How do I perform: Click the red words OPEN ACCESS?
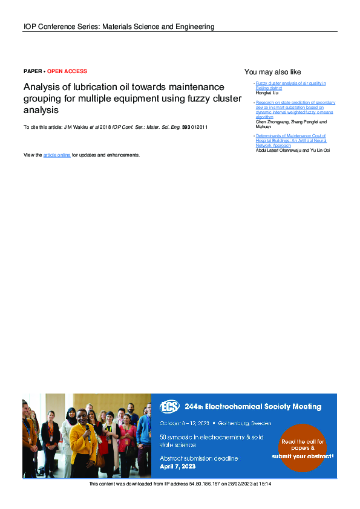coord(67,71)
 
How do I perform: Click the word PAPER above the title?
coord(33,71)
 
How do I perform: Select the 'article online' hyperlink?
coord(57,155)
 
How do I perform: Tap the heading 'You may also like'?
coord(272,72)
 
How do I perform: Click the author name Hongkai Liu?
coord(267,92)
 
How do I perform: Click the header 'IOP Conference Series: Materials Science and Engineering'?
coord(119,27)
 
